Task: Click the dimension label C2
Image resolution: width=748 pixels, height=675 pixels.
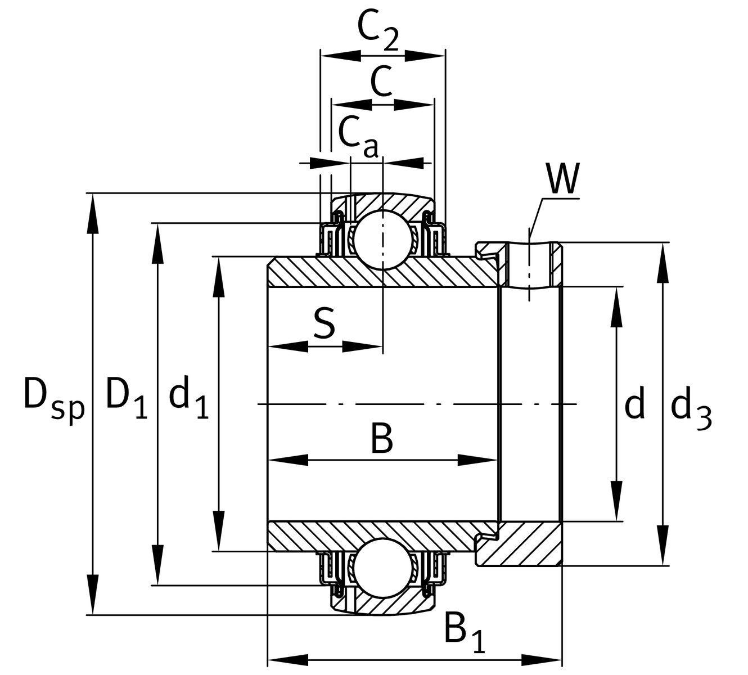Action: pos(377,30)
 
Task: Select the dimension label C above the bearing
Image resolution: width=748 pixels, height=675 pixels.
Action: pos(381,81)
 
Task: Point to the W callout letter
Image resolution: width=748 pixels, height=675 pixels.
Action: pos(563,179)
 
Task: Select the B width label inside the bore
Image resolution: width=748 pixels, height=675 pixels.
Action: pos(382,439)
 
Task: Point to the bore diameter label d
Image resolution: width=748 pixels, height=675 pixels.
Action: pos(634,405)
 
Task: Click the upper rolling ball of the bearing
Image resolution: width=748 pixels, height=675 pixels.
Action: pos(382,239)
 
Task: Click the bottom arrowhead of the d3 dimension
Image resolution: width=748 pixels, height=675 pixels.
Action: pos(664,546)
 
